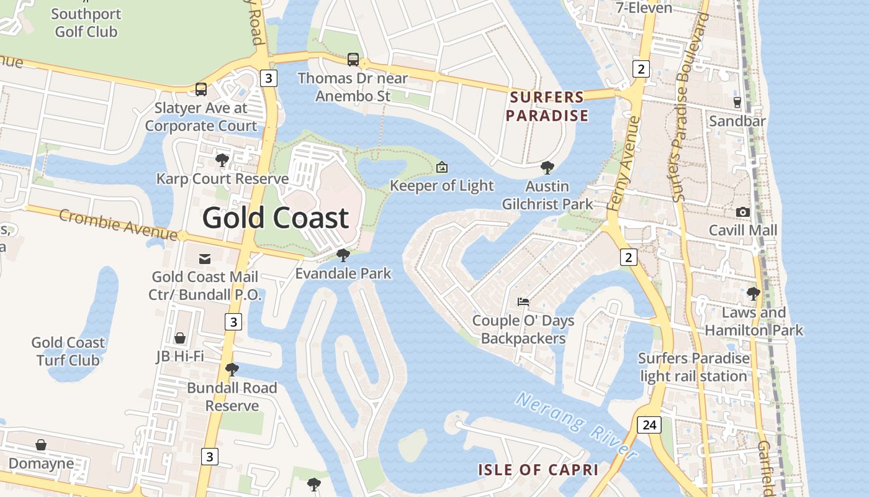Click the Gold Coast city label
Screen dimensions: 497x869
pyautogui.click(x=276, y=218)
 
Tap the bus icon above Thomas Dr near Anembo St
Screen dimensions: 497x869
pyautogui.click(x=353, y=60)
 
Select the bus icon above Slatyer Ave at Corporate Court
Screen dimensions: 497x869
pyautogui.click(x=201, y=89)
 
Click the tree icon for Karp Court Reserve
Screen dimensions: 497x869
pyautogui.click(x=222, y=160)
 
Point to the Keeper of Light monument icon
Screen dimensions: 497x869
pyautogui.click(x=442, y=166)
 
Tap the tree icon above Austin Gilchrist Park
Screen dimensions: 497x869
pyautogui.click(x=547, y=167)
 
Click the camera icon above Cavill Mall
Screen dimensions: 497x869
pyautogui.click(x=742, y=212)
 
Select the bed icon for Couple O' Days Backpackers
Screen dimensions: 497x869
pyautogui.click(x=523, y=302)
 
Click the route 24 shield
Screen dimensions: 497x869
pyautogui.click(x=649, y=425)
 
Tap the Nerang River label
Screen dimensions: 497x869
pyautogui.click(x=576, y=426)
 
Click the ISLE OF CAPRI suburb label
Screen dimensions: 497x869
pyautogui.click(x=538, y=470)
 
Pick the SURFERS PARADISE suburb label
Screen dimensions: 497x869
pyautogui.click(x=547, y=106)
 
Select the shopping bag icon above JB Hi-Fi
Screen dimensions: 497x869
pyautogui.click(x=180, y=338)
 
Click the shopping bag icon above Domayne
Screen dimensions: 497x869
pyautogui.click(x=41, y=445)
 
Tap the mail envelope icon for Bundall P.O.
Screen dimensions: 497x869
pyautogui.click(x=204, y=258)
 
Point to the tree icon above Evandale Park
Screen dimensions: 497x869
pyautogui.click(x=343, y=255)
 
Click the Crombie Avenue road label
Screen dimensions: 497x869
pyautogui.click(x=118, y=224)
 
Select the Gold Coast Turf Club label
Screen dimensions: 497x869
pyautogui.click(x=68, y=351)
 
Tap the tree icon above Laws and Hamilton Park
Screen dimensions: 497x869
pyautogui.click(x=754, y=293)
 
